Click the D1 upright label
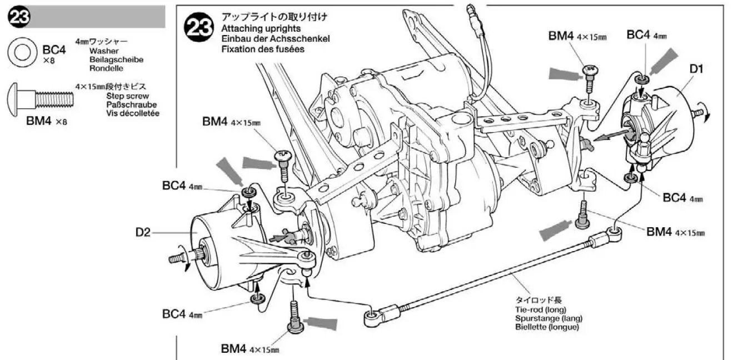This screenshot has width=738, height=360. (x=696, y=69)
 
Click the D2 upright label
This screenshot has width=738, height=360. (x=143, y=233)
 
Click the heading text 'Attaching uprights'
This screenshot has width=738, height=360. (x=261, y=28)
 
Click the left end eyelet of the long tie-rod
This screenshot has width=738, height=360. (x=371, y=318)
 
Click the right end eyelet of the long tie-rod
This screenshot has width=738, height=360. (x=614, y=230)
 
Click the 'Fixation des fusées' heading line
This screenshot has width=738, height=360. (x=262, y=49)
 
